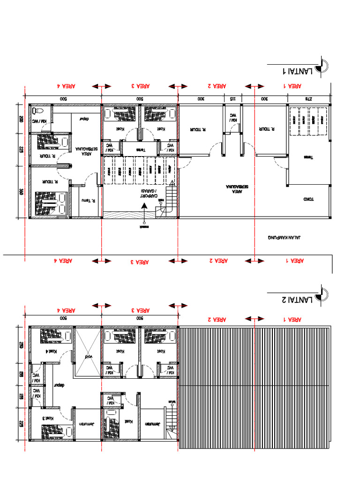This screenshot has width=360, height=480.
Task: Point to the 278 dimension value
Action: click(308, 99)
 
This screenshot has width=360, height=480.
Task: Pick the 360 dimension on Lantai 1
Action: click(21, 192)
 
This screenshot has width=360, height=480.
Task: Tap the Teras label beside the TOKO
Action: click(308, 157)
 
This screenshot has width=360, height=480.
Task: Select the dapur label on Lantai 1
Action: click(84, 119)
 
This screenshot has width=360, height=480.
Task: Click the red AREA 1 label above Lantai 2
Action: click(294, 319)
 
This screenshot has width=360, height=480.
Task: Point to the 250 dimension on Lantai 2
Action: click(21, 345)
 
